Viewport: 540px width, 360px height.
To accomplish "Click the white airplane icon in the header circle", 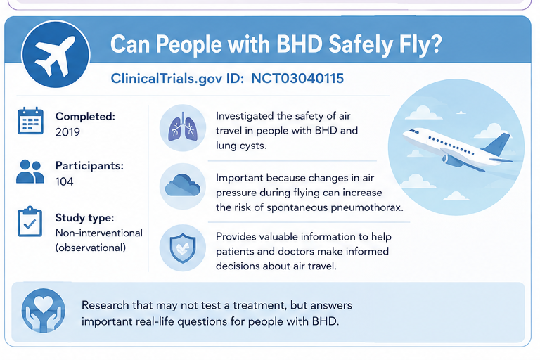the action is tap(56, 56).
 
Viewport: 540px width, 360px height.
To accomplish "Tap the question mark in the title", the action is tap(435, 44).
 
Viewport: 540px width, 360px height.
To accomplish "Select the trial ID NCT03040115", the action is tap(297, 79).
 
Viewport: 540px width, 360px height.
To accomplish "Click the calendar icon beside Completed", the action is tap(30, 120).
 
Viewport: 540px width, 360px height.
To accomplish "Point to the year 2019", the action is tap(67, 132).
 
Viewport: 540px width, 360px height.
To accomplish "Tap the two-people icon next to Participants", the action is tap(30, 172).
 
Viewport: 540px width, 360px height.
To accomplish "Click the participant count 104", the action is tap(65, 181).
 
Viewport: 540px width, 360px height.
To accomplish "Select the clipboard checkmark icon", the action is tap(30, 221).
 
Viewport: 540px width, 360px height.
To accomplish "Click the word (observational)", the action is tap(91, 247).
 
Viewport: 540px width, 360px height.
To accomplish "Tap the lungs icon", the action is tap(183, 127).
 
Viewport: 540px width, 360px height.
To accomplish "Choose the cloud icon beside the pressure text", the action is tap(183, 186).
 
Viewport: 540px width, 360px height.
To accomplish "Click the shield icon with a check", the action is tap(183, 247).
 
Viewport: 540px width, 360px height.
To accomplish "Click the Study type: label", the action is tap(84, 218).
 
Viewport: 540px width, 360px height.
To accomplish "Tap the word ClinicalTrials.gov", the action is tap(167, 79).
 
